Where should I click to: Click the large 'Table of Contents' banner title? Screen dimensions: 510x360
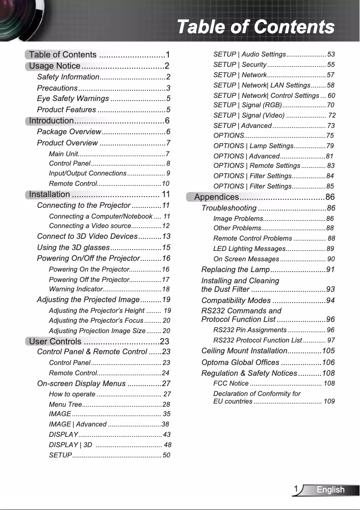255,27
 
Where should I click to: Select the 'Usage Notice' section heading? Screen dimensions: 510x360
55,66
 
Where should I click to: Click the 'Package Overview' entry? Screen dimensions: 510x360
69,132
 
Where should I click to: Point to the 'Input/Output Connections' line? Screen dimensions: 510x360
88,173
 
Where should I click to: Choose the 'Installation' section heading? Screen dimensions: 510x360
49,194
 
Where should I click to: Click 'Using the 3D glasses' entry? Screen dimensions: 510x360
73,247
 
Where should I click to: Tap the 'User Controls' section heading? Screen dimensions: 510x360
56,342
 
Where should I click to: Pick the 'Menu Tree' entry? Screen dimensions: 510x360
63,404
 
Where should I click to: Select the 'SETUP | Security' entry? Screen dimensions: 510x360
240,65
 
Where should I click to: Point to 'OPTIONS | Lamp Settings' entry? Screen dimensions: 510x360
253,146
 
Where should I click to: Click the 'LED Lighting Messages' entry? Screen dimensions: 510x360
249,249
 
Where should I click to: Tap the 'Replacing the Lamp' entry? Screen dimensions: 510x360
235,269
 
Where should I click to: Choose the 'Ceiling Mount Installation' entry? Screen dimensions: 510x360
245,351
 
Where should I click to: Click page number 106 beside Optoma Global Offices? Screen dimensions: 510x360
328,362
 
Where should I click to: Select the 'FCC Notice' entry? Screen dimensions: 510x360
231,383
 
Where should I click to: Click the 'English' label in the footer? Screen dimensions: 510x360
330,490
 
